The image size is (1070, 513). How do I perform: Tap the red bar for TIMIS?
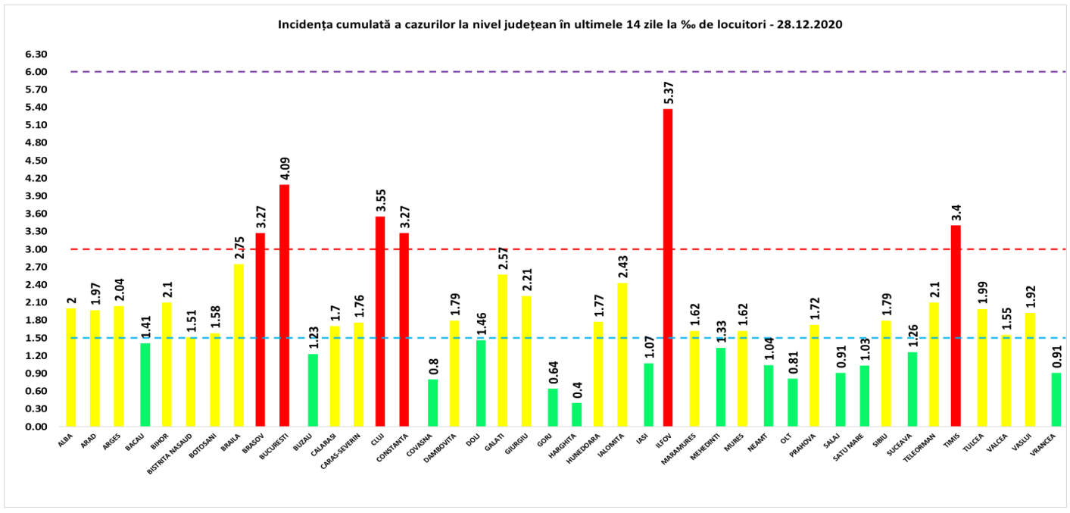(x=956, y=326)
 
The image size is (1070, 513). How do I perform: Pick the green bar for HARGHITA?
(x=577, y=414)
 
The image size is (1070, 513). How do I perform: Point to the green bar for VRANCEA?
(x=1056, y=399)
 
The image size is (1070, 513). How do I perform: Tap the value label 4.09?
(x=285, y=167)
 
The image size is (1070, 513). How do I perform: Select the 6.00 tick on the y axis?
(x=36, y=72)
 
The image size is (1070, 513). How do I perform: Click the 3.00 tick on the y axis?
(x=36, y=249)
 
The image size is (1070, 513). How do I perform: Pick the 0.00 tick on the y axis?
(x=36, y=427)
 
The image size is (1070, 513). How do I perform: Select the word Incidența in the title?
(x=304, y=24)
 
